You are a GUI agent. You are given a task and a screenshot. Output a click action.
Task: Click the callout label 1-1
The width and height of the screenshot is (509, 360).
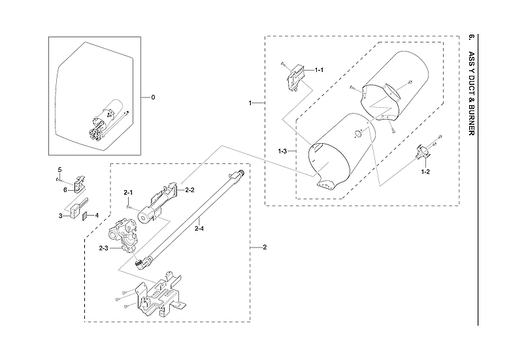[x=319, y=69]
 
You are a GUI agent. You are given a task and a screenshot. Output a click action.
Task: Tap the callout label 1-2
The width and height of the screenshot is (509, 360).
[x=425, y=171]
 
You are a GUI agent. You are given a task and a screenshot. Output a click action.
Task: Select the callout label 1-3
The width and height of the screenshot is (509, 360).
[x=282, y=151]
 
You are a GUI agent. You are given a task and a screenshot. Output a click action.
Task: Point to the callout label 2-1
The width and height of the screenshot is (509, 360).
[x=128, y=192]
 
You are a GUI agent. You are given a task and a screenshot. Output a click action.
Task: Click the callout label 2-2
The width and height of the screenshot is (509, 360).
[x=190, y=190]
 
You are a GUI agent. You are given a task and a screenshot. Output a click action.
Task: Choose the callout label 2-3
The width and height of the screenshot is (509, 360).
[x=103, y=248]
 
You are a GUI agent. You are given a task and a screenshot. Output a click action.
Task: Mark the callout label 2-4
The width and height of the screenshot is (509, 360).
[x=199, y=228]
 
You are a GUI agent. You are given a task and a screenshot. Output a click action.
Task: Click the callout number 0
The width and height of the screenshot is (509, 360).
[x=153, y=97]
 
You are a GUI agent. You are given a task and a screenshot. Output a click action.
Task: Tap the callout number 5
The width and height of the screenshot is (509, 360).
[x=59, y=170]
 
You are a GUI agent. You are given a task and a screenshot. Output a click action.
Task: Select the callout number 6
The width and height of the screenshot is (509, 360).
[x=65, y=189]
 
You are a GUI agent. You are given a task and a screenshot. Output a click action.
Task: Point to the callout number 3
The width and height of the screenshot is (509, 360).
[x=60, y=215]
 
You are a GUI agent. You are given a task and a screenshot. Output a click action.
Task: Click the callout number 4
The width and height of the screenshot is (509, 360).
[x=97, y=214]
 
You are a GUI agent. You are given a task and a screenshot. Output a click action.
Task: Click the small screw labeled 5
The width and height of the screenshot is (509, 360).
[x=58, y=178]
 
